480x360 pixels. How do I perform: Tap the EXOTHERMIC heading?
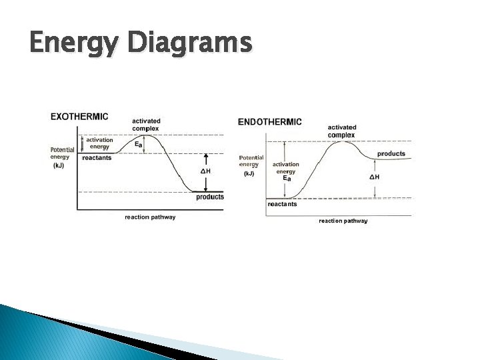(x=79, y=117)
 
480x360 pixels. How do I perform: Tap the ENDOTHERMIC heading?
(x=269, y=122)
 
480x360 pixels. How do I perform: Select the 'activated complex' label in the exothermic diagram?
(x=146, y=124)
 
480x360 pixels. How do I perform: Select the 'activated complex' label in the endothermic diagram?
(x=342, y=131)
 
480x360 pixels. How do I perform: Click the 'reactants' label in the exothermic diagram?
(x=97, y=158)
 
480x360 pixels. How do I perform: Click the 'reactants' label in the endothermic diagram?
(x=282, y=205)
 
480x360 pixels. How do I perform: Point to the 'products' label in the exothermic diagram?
(x=210, y=197)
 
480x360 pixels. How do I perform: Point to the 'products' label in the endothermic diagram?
(x=391, y=154)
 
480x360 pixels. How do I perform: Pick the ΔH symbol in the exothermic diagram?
(x=206, y=171)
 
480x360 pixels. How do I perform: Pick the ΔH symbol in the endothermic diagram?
(x=375, y=177)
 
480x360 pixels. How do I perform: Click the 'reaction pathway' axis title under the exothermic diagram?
(x=150, y=217)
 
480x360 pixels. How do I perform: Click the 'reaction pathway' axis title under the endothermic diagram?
(x=343, y=221)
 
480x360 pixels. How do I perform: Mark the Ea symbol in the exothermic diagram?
(x=139, y=144)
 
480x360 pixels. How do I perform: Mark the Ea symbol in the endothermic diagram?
(x=286, y=179)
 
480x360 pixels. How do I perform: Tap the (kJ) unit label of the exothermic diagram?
(x=59, y=165)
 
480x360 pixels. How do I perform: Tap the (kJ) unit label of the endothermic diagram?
(x=248, y=173)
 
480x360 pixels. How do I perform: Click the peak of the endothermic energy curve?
(x=342, y=142)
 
